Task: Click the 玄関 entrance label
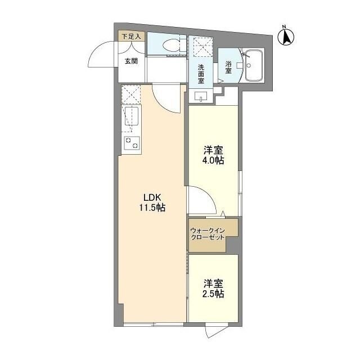tap(131, 61)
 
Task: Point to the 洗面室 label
tap(200, 73)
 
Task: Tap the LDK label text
tap(152, 197)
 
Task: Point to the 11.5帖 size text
tap(152, 208)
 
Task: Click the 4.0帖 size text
tap(213, 160)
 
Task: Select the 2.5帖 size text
tap(213, 295)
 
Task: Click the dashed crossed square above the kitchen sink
tap(131, 95)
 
